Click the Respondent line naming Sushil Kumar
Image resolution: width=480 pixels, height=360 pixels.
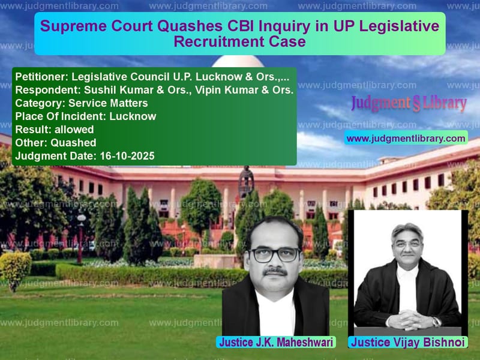[154, 90]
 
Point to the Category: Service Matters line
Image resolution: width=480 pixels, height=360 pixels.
[82, 103]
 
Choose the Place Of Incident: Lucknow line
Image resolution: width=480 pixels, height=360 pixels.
[86, 116]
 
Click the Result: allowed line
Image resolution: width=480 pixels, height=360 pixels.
[55, 130]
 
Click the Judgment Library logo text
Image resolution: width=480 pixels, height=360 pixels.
[409, 104]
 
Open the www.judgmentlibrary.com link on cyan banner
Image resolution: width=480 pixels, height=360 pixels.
[406, 139]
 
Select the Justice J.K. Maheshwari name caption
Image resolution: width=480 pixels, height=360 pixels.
[276, 343]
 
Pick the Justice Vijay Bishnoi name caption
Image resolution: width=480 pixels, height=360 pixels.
[409, 343]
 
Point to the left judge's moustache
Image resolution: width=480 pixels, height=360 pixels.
[274, 271]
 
